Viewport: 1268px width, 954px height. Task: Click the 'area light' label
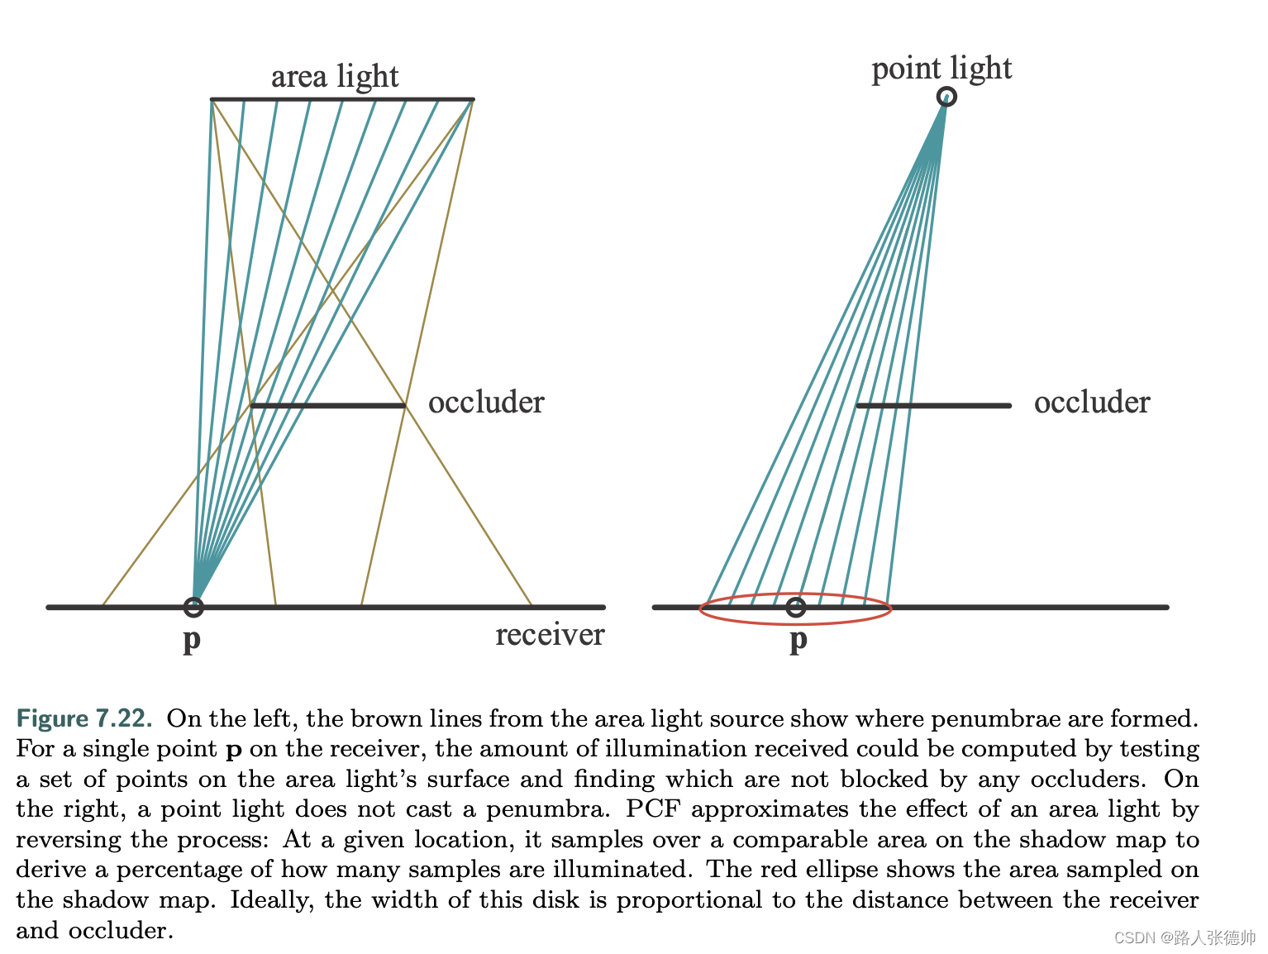pos(335,76)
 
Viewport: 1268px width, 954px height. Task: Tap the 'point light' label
pos(941,69)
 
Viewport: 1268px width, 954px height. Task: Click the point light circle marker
pos(946,97)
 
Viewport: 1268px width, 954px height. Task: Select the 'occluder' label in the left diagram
pos(486,403)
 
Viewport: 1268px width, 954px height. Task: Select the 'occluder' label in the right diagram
pos(1092,403)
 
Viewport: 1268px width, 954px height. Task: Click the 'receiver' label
pos(550,635)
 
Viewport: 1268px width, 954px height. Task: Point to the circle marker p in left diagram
pos(193,607)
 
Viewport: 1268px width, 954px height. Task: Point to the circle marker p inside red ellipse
pos(795,608)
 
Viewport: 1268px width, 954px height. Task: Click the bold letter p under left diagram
pos(192,639)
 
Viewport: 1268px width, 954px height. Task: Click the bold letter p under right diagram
pos(798,639)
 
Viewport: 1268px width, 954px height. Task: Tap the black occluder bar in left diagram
pos(327,406)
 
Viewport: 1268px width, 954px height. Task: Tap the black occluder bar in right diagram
pos(933,406)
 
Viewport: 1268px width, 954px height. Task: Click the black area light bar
pos(342,99)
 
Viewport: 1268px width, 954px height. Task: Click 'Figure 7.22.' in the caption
pos(84,718)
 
